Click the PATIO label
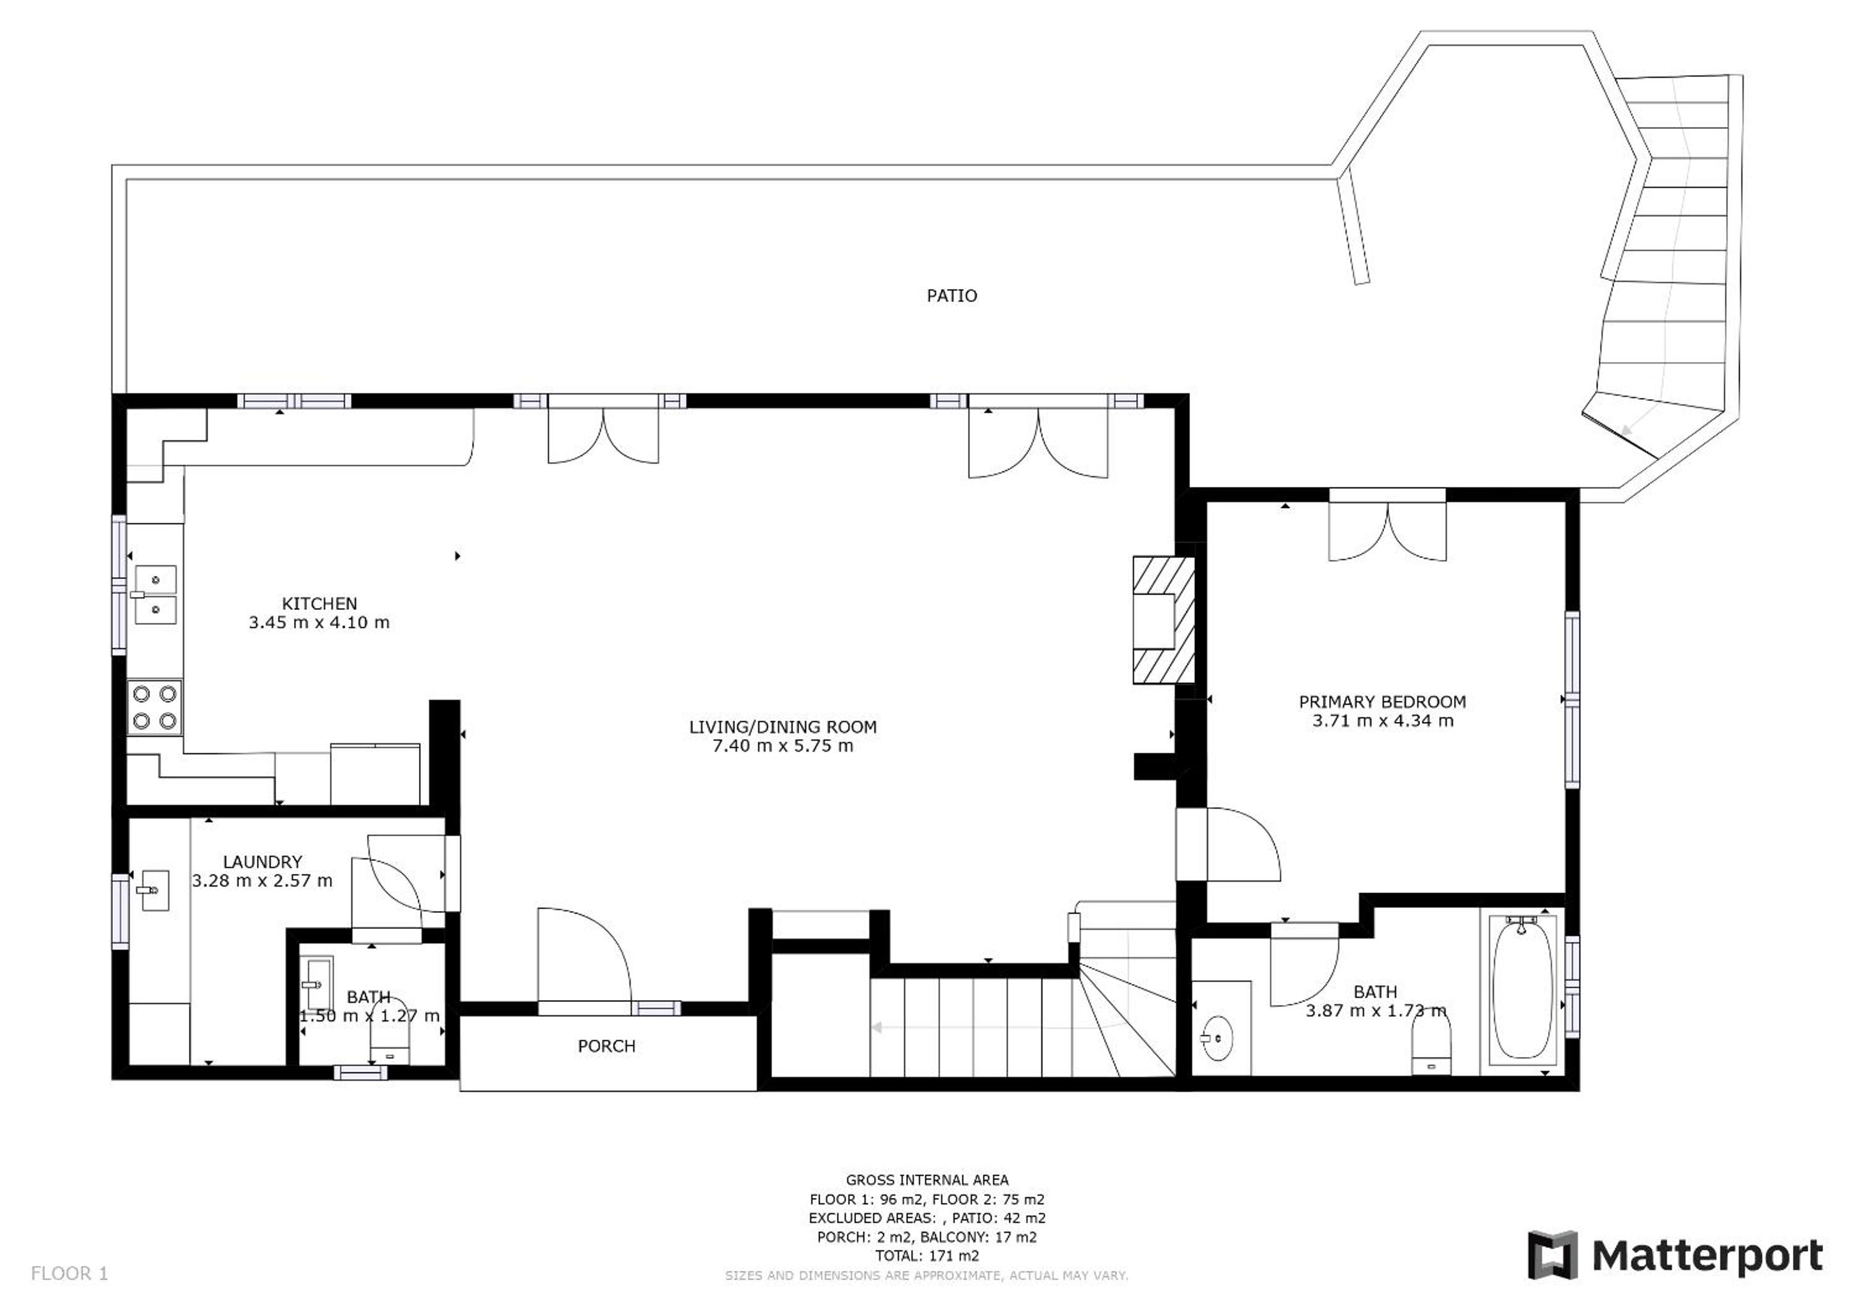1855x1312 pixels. tap(952, 296)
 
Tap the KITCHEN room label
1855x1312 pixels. tap(319, 603)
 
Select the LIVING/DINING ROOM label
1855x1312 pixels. tap(783, 727)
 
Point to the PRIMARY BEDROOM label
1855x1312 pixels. tap(1382, 702)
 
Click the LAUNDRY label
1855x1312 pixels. tap(263, 862)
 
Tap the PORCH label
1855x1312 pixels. tap(607, 1046)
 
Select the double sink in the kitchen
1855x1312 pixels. tap(154, 594)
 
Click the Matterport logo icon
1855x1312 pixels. tap(1552, 1254)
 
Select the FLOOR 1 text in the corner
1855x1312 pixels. tap(69, 1274)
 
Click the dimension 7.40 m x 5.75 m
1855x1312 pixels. tap(783, 746)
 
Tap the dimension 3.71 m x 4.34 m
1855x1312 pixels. tap(1382, 721)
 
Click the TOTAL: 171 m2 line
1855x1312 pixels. tap(927, 1256)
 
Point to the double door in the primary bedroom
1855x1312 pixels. tap(1387, 532)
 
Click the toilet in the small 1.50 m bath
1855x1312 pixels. tap(390, 1037)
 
